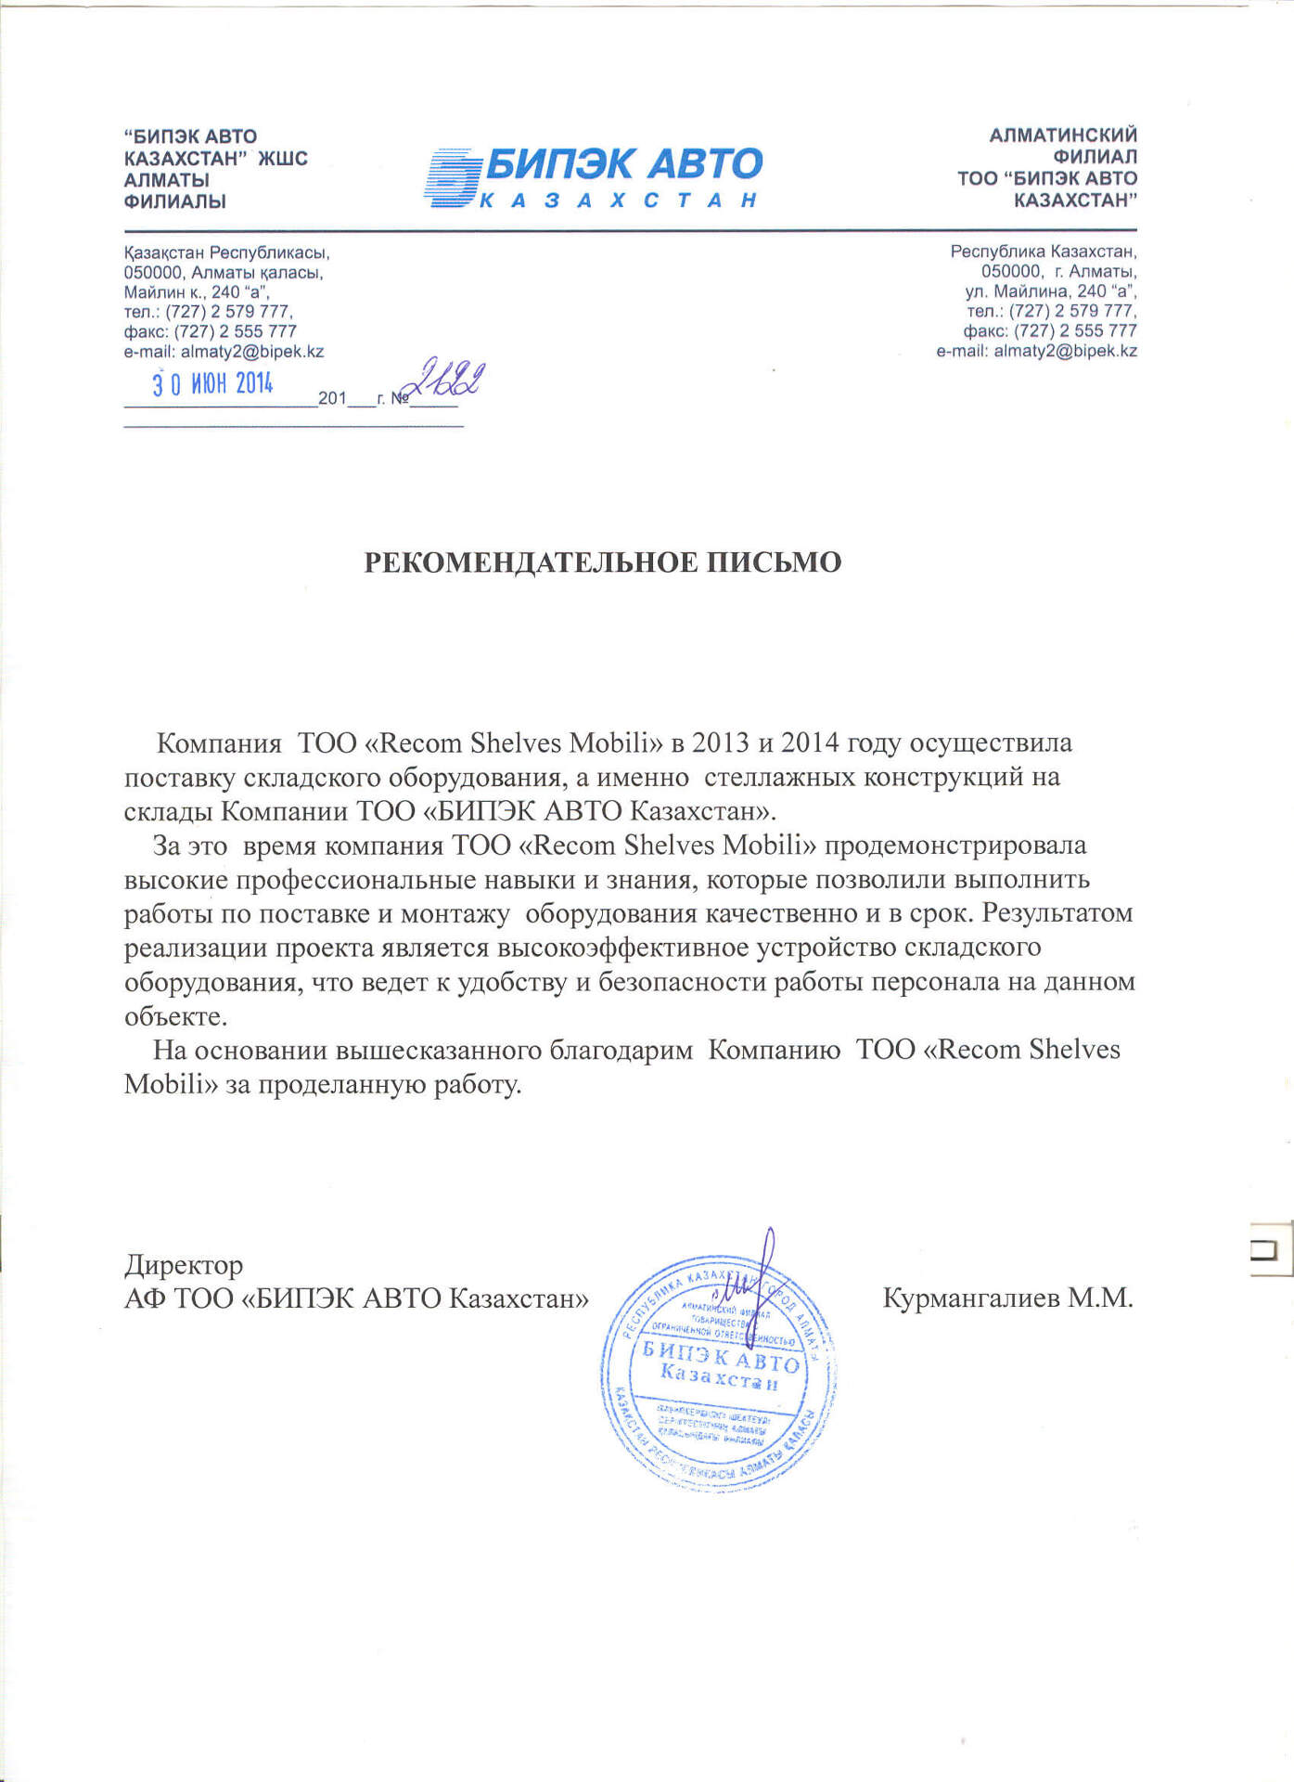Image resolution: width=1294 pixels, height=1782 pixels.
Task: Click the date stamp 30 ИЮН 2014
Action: point(212,383)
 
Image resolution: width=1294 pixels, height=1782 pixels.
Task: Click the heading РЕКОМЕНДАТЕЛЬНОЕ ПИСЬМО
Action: point(602,562)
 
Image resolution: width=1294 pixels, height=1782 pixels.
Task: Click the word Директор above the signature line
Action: point(184,1265)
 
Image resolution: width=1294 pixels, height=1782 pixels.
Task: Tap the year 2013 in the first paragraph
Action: point(721,742)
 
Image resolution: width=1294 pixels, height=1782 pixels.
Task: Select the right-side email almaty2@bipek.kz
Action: point(1065,351)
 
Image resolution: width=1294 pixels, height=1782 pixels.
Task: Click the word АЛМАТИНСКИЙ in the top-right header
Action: point(1063,136)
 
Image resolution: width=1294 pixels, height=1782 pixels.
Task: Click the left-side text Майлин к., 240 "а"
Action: point(197,292)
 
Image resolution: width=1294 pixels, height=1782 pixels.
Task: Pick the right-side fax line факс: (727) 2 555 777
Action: point(1050,331)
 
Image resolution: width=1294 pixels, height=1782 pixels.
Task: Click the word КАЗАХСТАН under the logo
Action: point(619,200)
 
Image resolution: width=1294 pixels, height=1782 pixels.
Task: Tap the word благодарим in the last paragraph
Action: point(621,1050)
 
